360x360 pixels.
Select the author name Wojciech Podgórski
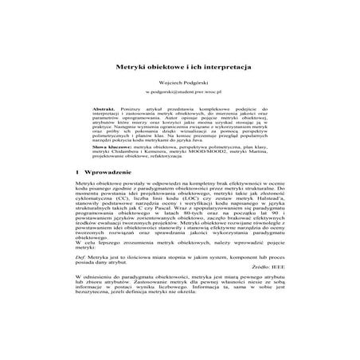point(180,81)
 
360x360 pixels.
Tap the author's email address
point(180,92)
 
